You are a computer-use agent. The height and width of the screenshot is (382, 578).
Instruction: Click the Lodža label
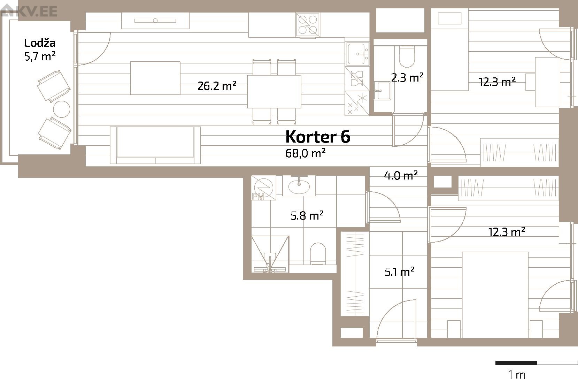pyautogui.click(x=40, y=43)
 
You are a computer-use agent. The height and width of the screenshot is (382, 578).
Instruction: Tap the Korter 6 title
pyautogui.click(x=318, y=137)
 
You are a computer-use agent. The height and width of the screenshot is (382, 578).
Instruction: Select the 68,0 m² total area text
pyautogui.click(x=305, y=153)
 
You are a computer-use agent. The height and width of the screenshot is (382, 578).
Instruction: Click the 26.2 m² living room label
pyautogui.click(x=217, y=86)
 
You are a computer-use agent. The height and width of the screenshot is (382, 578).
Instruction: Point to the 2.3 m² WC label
pyautogui.click(x=407, y=77)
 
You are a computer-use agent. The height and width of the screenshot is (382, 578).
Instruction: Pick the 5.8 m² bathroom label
pyautogui.click(x=307, y=215)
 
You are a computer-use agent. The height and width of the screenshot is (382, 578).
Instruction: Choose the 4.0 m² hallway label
pyautogui.click(x=401, y=176)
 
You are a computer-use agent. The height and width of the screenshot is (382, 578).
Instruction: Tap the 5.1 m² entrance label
pyautogui.click(x=399, y=272)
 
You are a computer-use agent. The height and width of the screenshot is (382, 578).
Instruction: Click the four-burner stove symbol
pyautogui.click(x=308, y=25)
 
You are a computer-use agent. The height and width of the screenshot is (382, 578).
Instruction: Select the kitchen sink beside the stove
pyautogui.click(x=357, y=54)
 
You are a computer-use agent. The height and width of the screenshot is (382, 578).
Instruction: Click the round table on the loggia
pyautogui.click(x=61, y=109)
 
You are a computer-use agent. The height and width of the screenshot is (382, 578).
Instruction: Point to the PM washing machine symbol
pyautogui.click(x=263, y=188)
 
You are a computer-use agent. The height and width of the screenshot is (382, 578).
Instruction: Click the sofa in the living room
pyautogui.click(x=155, y=145)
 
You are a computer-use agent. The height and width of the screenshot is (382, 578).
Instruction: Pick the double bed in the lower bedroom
pyautogui.click(x=495, y=295)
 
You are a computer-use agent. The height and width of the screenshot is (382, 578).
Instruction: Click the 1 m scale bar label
pyautogui.click(x=517, y=374)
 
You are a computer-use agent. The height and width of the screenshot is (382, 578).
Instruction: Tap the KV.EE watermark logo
pyautogui.click(x=29, y=11)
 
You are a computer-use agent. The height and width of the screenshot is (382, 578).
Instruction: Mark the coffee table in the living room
pyautogui.click(x=155, y=78)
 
